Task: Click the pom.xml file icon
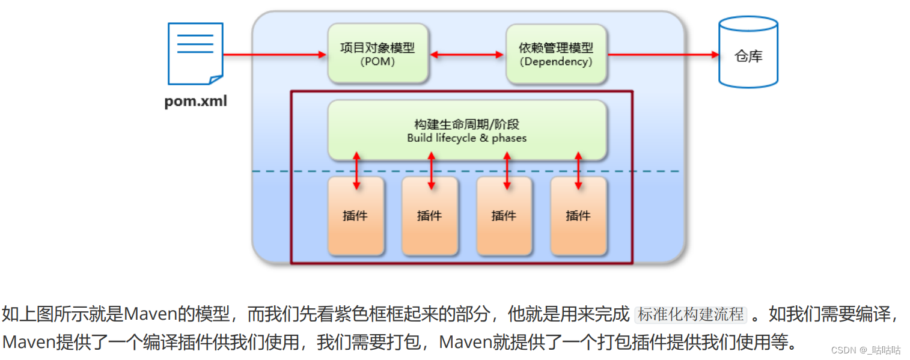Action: point(195,53)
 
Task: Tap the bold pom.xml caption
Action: point(196,101)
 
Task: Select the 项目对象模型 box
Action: point(377,53)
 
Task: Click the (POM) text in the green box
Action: point(377,61)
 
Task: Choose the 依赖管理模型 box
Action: point(556,53)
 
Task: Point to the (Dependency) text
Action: point(556,61)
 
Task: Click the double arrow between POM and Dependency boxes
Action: point(467,55)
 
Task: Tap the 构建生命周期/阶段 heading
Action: point(466,124)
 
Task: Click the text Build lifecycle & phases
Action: point(466,138)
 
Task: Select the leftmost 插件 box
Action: point(356,215)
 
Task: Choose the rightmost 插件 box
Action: point(578,215)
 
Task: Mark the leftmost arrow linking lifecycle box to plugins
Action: point(357,171)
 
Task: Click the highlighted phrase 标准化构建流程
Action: point(691,314)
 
